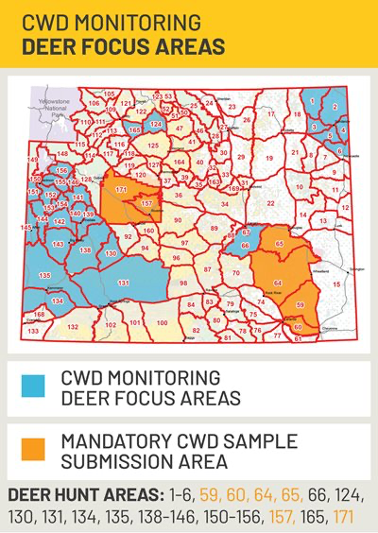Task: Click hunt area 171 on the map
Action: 121,190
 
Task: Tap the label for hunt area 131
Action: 123,284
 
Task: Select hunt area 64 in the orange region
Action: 277,283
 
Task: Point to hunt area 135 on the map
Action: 44,274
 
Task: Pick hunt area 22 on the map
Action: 271,203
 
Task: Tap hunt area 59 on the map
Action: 300,305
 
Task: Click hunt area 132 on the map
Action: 73,326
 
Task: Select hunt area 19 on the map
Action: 269,158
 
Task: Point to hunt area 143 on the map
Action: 59,244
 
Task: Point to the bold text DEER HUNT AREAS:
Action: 81,494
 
